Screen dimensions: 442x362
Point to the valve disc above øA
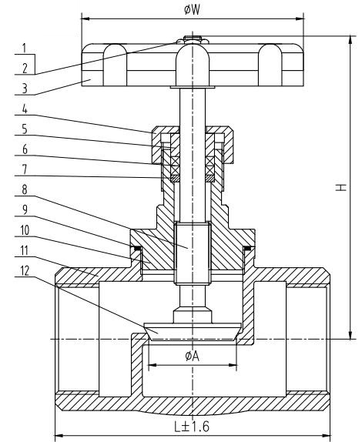coord(191,329)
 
